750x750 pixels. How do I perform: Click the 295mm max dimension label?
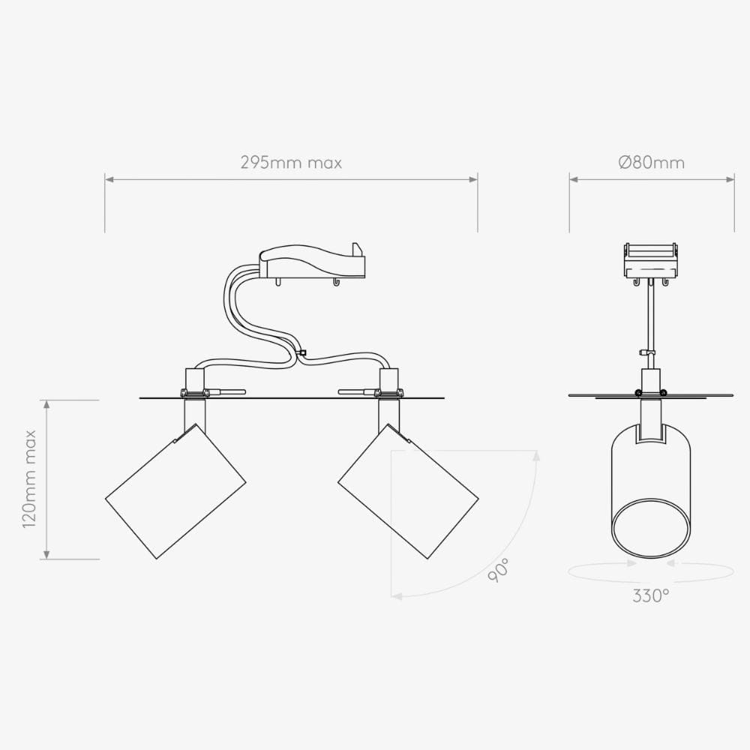(x=291, y=163)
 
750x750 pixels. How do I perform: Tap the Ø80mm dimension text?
(x=651, y=163)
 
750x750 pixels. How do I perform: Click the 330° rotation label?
(x=650, y=596)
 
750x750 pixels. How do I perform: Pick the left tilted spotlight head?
(x=175, y=492)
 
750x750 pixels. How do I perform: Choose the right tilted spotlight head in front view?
(x=408, y=492)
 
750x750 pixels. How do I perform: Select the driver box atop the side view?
(x=651, y=259)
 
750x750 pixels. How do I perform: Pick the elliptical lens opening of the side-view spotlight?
(x=651, y=529)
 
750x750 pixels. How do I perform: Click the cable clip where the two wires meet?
(x=301, y=352)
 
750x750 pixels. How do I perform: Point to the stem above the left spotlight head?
(x=194, y=413)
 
